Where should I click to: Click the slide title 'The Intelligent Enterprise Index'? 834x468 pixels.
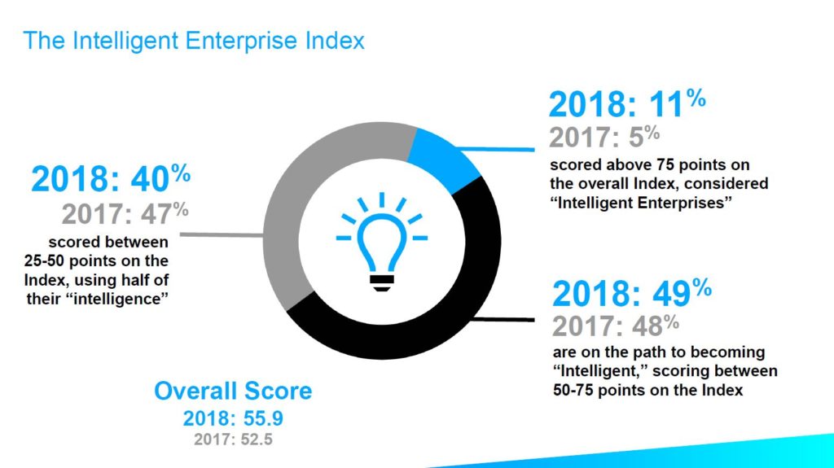[194, 40]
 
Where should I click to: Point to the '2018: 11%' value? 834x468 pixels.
[626, 105]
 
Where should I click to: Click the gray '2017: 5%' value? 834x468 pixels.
[604, 136]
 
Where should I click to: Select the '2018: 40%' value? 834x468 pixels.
[111, 178]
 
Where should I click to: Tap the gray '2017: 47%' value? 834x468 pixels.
[125, 213]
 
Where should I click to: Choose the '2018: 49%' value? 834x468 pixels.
[633, 293]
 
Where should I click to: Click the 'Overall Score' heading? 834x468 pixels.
[233, 391]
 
